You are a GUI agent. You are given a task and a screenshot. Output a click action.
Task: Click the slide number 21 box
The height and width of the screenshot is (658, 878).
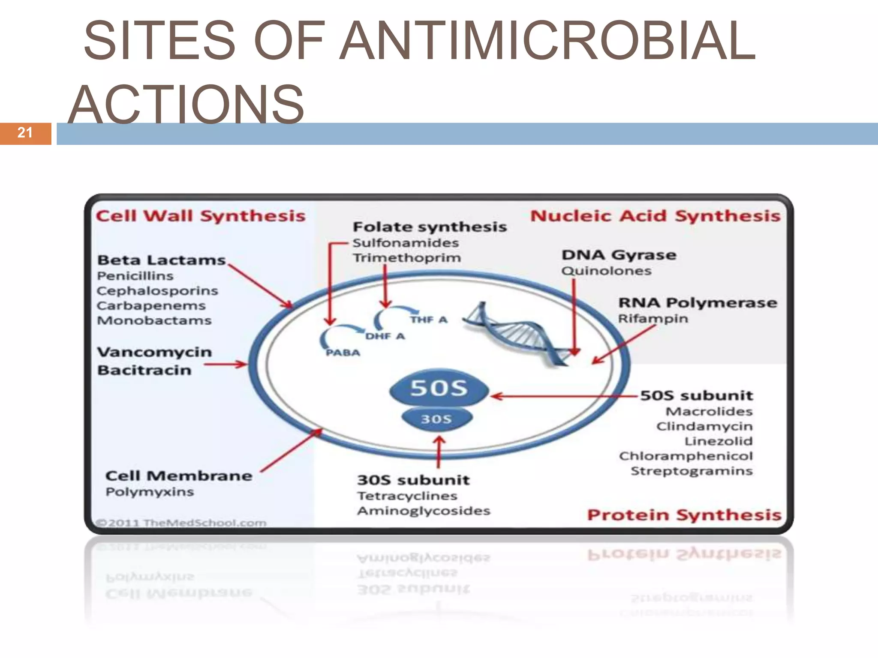tap(25, 133)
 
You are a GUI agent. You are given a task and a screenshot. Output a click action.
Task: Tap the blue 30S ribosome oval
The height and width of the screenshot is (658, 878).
tap(436, 419)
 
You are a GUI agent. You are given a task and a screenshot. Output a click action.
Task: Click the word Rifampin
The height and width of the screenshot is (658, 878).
tap(652, 319)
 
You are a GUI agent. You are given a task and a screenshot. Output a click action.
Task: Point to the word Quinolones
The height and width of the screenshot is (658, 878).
tap(606, 271)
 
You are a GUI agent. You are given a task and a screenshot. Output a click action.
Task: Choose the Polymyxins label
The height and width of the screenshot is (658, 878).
tap(150, 492)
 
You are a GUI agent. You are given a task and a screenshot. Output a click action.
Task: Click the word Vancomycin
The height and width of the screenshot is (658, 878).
tap(154, 352)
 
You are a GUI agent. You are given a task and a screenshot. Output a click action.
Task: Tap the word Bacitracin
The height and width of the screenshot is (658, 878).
tap(144, 370)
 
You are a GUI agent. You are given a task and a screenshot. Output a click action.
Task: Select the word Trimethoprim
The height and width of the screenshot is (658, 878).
tap(407, 258)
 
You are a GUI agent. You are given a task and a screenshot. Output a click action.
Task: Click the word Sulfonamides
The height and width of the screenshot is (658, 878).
tap(406, 243)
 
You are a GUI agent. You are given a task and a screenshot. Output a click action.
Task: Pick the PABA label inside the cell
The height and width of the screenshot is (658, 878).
tap(343, 353)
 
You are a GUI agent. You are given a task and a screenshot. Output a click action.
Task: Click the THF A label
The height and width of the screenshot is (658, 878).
tap(429, 320)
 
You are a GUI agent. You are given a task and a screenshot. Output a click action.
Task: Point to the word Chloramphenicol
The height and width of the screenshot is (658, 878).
tap(686, 456)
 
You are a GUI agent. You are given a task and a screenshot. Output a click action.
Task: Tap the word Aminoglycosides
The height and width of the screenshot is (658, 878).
tap(424, 511)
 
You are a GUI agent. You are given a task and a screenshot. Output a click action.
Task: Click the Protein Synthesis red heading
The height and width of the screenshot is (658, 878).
tap(684, 515)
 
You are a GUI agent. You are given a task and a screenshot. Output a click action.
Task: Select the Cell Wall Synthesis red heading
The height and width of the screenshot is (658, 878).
tap(201, 216)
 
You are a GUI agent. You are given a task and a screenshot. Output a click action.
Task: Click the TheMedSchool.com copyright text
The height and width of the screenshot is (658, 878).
tap(181, 523)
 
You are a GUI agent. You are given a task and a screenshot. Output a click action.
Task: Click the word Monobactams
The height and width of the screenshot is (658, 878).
tap(154, 320)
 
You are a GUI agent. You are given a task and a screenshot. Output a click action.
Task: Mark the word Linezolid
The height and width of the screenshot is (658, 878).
tap(719, 441)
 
